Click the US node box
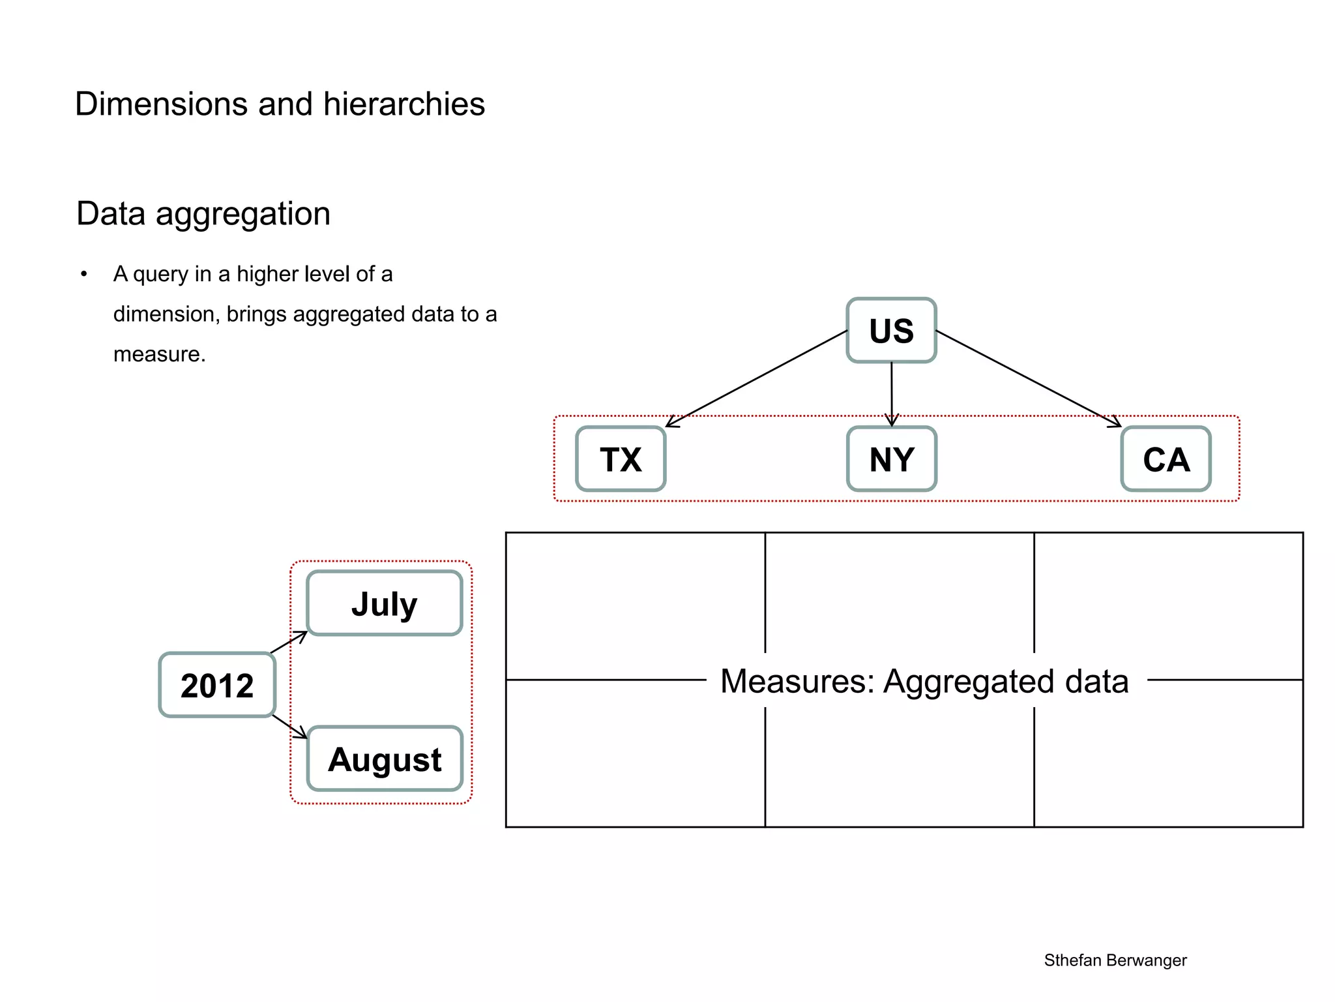[891, 330]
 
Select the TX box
[621, 459]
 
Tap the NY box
[891, 459]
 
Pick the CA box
[1166, 459]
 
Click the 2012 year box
[217, 685]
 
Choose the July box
[384, 603]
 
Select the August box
[385, 759]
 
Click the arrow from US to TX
[756, 379]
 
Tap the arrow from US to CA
[1028, 379]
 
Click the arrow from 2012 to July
[288, 642]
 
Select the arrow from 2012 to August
[289, 726]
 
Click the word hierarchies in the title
[404, 104]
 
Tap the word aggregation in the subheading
[243, 215]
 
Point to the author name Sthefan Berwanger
[1115, 960]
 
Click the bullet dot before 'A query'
[83, 275]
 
